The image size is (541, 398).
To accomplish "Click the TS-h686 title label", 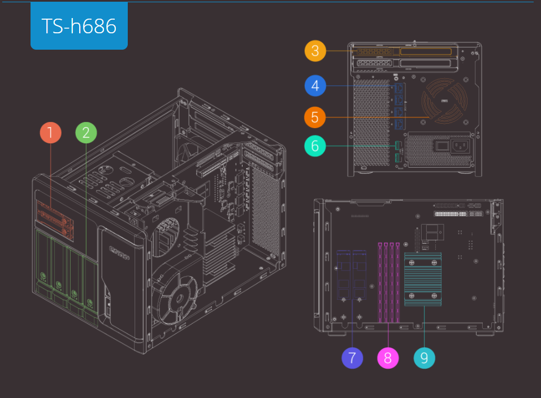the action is point(79,26).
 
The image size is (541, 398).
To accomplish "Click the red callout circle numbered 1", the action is point(51,133).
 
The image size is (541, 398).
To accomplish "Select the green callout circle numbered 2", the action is point(86,133).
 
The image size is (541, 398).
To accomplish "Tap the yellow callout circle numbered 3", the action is point(315,51).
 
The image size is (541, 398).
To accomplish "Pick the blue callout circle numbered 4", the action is point(315,86).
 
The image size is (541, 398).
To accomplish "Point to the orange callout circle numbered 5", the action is point(315,117).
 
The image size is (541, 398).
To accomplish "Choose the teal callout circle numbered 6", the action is point(315,146).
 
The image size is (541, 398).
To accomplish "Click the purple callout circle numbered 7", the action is point(352,358).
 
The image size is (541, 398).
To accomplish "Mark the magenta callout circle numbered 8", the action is point(388,358).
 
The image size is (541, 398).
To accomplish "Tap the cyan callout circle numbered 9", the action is point(425,358).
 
